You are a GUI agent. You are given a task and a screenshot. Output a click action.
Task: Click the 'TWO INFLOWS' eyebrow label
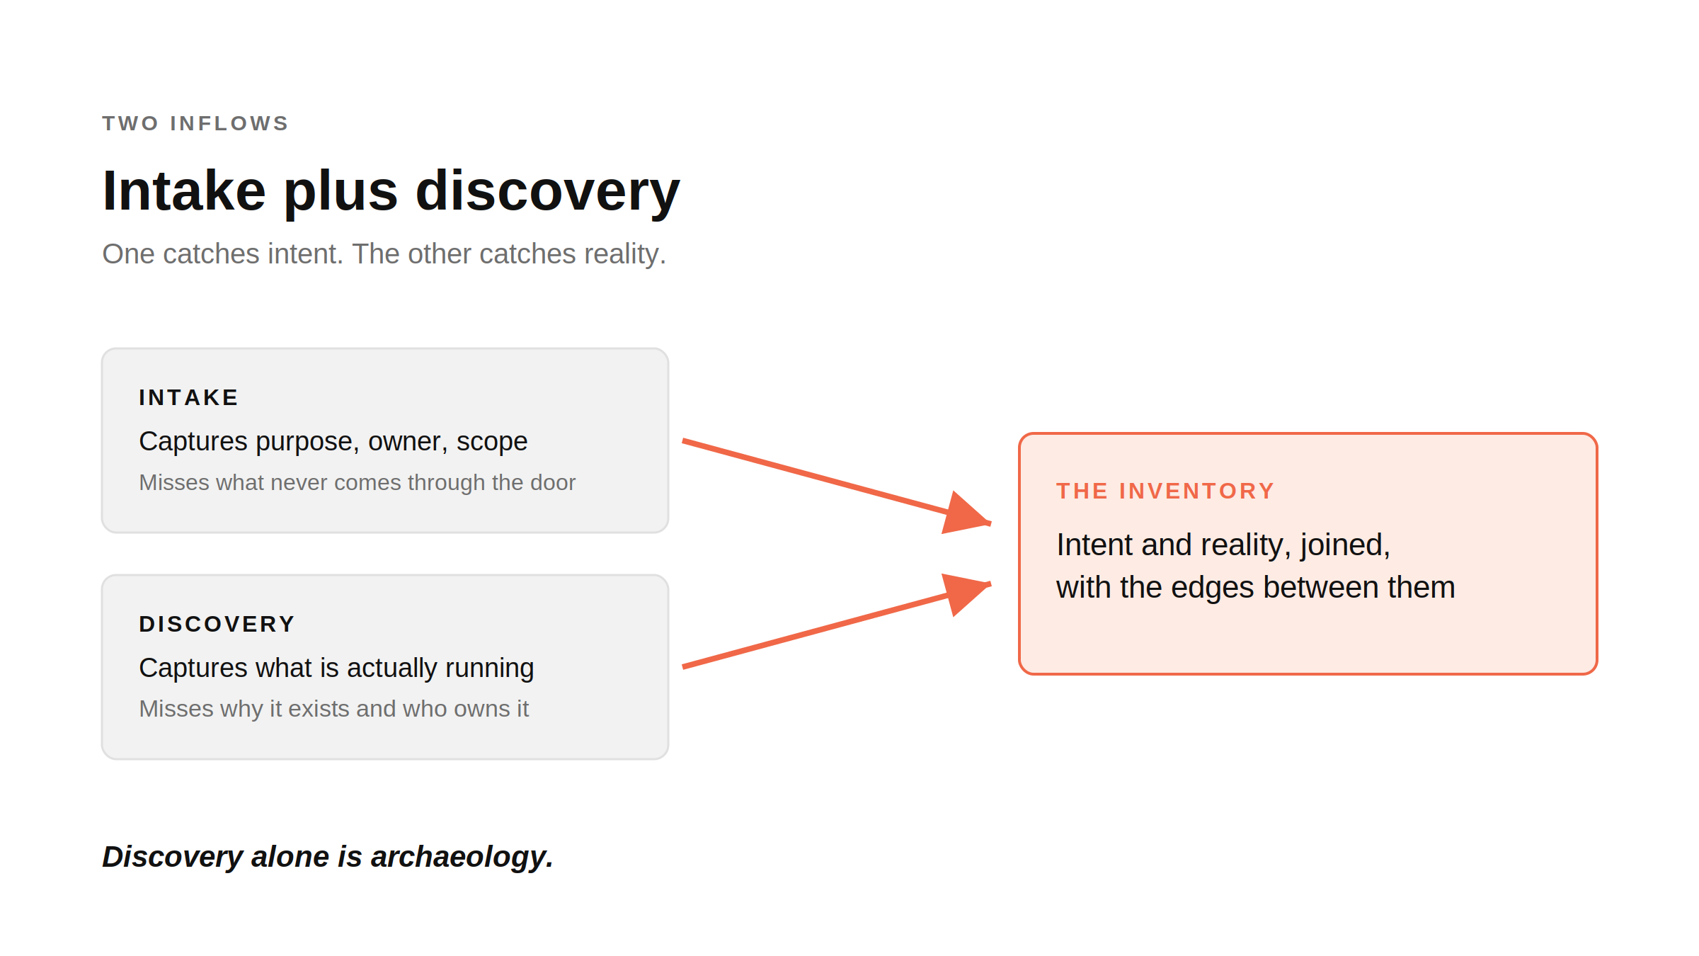tap(195, 123)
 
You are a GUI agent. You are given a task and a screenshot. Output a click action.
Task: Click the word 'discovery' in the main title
tap(547, 192)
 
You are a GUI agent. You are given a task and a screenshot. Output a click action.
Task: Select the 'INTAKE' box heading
tap(189, 397)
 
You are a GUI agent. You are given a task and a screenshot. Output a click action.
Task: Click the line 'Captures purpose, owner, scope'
tap(333, 442)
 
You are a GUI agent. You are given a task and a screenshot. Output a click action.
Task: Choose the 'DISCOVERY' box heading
tap(217, 624)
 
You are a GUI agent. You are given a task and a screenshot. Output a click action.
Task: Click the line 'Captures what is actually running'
tap(337, 668)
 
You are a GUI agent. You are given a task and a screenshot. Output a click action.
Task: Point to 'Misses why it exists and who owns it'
tap(334, 709)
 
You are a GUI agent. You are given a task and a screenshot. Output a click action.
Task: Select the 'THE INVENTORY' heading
tap(1165, 491)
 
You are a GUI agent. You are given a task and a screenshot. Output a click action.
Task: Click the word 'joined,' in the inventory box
tap(1346, 546)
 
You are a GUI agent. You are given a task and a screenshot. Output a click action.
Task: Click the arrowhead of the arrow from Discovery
tap(967, 594)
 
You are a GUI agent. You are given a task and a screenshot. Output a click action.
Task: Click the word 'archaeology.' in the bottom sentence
tap(462, 858)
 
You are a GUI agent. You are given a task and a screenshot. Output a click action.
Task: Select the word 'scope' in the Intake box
tap(492, 442)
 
